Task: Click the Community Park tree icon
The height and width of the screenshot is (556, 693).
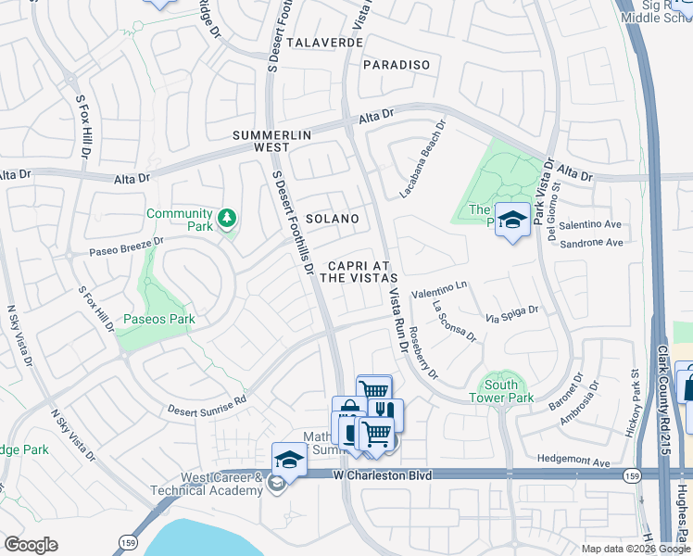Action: [227, 220]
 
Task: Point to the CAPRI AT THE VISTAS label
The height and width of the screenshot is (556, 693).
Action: [359, 270]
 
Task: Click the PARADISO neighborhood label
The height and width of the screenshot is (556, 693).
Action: [397, 64]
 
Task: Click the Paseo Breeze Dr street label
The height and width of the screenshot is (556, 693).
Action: [126, 246]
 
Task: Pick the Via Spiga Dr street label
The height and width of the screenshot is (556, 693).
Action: [512, 314]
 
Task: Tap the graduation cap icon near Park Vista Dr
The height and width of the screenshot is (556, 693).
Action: [511, 221]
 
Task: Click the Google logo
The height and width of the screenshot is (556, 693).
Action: [31, 545]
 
